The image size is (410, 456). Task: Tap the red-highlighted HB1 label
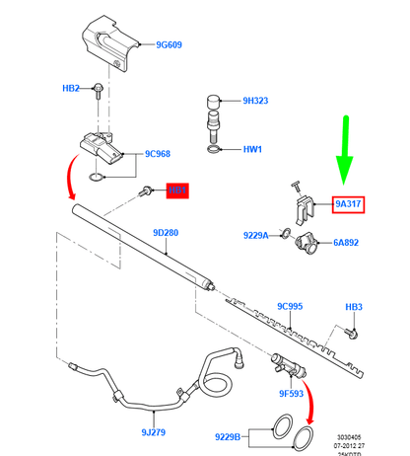click(177, 190)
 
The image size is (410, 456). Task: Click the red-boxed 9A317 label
click(349, 204)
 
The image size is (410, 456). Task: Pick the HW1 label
click(252, 149)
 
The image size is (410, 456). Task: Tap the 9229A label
click(256, 235)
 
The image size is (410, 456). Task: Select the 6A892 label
click(348, 240)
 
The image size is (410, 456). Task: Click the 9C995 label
click(290, 306)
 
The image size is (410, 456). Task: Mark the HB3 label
click(354, 307)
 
